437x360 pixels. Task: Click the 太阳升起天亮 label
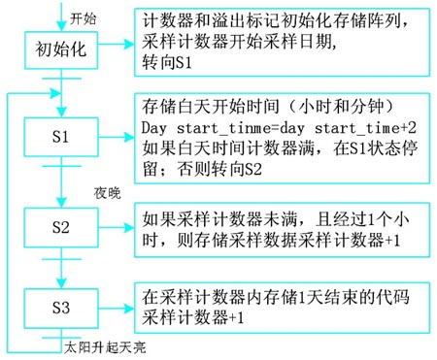(x=99, y=344)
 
